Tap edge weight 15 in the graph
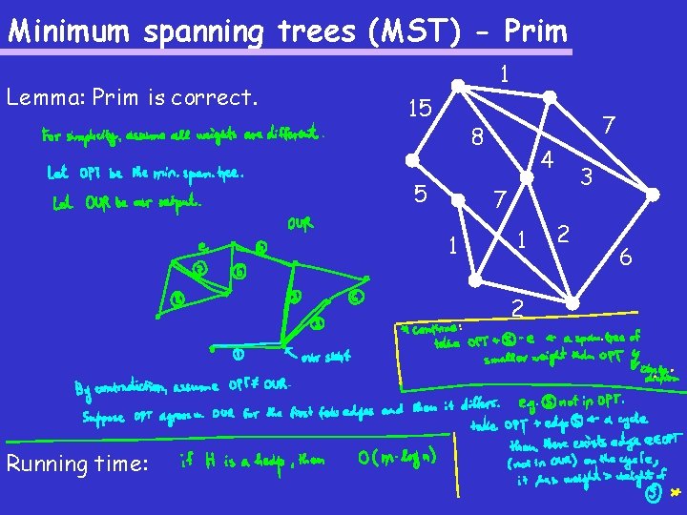click(x=418, y=108)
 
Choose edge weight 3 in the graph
click(x=587, y=176)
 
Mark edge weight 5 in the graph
click(x=419, y=194)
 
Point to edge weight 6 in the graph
click(x=626, y=257)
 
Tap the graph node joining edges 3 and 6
click(x=654, y=195)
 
